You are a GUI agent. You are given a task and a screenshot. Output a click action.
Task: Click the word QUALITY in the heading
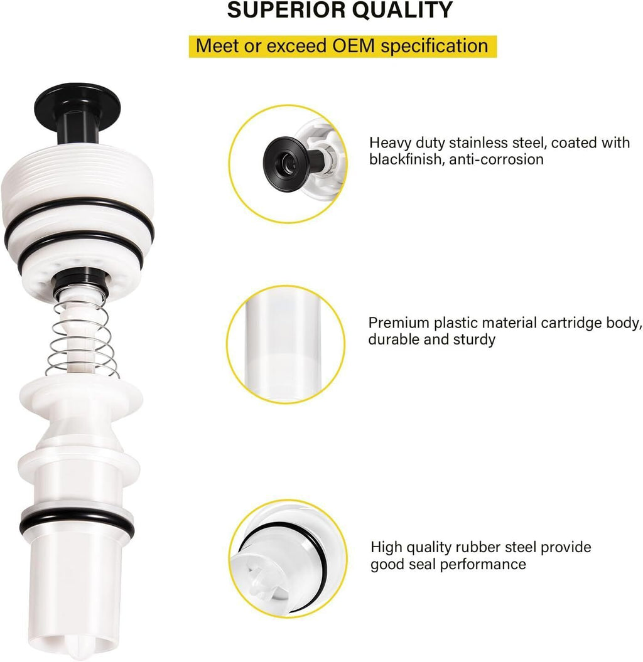(x=403, y=10)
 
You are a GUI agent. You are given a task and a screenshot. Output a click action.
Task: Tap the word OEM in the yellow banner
(x=354, y=46)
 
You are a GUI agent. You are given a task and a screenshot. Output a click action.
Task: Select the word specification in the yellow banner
(x=435, y=46)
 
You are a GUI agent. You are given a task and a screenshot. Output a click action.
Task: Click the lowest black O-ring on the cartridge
(x=77, y=522)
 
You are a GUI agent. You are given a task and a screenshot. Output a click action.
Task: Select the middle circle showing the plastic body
(x=286, y=344)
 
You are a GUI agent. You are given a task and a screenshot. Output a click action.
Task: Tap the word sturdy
(x=474, y=340)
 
